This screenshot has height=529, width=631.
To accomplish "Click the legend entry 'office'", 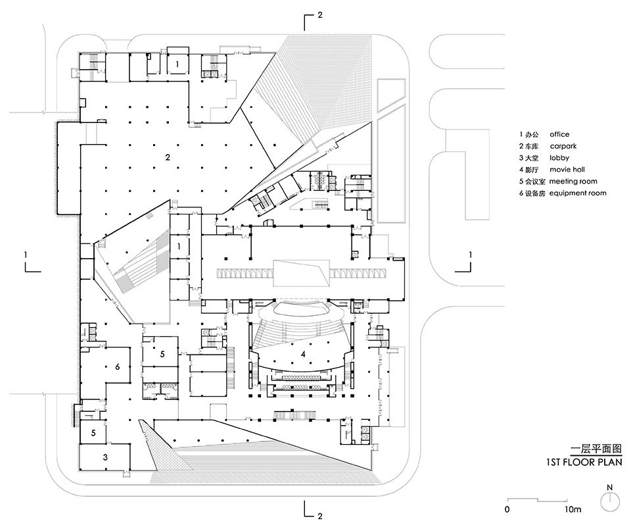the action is [559, 134].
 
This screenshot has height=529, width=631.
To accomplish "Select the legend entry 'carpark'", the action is [563, 146].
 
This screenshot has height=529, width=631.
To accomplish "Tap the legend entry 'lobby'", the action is [559, 157].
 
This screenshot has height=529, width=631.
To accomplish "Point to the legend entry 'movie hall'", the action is [567, 169].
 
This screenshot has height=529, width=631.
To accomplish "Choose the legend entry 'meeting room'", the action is [573, 182].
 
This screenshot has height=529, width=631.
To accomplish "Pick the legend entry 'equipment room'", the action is [578, 193].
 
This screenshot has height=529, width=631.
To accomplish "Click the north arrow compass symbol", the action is [610, 499].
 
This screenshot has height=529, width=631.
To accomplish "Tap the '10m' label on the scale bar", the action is [573, 509].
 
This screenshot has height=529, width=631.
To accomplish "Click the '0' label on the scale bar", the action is [507, 509].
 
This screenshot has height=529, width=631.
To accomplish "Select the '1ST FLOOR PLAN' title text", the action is [584, 462].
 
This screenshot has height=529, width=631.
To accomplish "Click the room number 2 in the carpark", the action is [168, 157].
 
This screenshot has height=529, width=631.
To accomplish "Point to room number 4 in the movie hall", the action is [303, 354].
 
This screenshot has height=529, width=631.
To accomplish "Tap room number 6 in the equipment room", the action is [118, 366].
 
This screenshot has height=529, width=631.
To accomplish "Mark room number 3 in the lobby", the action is [105, 457].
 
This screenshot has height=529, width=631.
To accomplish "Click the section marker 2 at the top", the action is [320, 15].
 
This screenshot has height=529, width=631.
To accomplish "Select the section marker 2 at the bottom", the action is [320, 516].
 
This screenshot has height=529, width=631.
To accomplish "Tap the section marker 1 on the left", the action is [26, 255].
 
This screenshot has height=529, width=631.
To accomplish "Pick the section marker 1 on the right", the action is [471, 255].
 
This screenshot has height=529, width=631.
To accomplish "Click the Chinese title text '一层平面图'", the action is [596, 449].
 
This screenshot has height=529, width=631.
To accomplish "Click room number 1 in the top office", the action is [177, 64].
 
